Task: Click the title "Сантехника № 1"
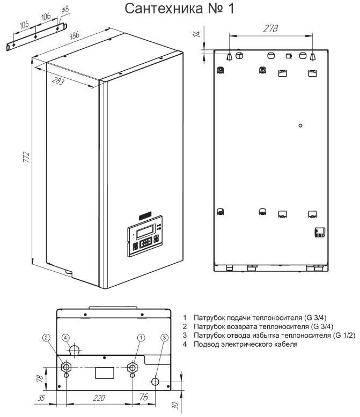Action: (180, 9)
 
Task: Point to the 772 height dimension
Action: (26, 157)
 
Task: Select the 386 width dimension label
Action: (74, 35)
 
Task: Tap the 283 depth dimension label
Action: (58, 80)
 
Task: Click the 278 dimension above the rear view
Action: (270, 28)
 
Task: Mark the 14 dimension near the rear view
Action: (197, 34)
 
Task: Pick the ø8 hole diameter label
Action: (65, 10)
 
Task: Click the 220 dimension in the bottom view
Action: (99, 398)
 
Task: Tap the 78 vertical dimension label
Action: (40, 378)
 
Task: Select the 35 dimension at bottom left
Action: (41, 398)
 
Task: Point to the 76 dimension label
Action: (144, 397)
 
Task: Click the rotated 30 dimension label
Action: (175, 405)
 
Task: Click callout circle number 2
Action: (46, 338)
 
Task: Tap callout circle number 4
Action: (65, 338)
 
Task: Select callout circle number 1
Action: (141, 338)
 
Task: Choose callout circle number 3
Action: (165, 338)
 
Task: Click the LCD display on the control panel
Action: (145, 231)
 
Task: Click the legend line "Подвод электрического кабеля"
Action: (246, 345)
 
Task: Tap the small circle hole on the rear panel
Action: (300, 125)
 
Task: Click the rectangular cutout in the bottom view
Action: (105, 373)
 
